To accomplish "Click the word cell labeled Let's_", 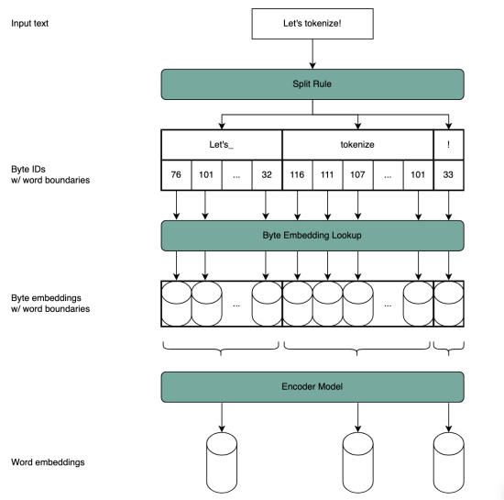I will (221, 144).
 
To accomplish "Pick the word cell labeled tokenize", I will (357, 144).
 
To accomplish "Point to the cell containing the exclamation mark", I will (448, 144).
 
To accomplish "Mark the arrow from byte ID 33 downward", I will (448, 206).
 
